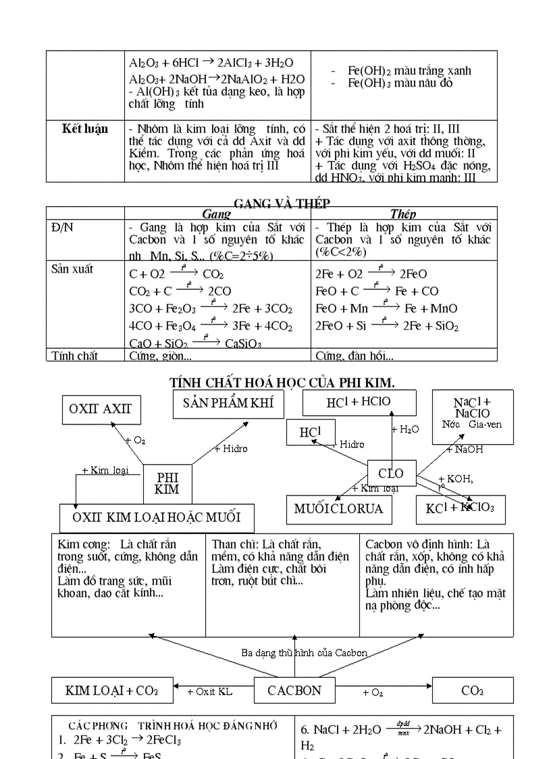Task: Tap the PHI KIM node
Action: [167, 484]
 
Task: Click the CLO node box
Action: [391, 474]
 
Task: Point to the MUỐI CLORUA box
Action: [338, 508]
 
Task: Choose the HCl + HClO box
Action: [358, 402]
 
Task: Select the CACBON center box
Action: [294, 690]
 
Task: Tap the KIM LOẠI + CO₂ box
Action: [111, 690]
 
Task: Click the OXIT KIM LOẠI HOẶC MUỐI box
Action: [157, 518]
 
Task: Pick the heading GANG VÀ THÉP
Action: [282, 203]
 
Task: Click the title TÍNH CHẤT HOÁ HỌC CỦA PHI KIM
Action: [282, 383]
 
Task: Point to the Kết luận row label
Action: [85, 129]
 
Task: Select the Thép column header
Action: [403, 214]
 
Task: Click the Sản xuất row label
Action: [73, 269]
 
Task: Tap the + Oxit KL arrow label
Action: [209, 691]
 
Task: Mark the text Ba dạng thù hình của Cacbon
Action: [305, 653]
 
